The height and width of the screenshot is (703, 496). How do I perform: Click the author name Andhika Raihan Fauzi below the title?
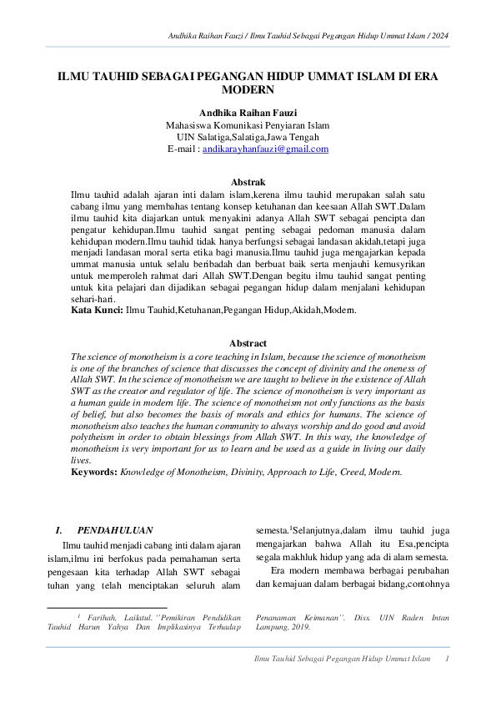[x=248, y=112]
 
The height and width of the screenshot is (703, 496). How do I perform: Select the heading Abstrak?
[x=248, y=182]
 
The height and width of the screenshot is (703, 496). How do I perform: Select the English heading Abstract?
[x=248, y=343]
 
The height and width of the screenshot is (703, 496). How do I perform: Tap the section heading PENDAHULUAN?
[x=115, y=529]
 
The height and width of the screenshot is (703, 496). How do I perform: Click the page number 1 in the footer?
[x=448, y=660]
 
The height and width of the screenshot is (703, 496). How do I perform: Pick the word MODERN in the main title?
[x=248, y=88]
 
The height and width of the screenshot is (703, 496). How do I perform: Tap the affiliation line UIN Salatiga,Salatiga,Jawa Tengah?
[x=248, y=137]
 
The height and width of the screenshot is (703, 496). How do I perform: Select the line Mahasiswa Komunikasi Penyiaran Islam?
[x=248, y=124]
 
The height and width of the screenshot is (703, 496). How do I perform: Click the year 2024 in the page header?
[x=441, y=35]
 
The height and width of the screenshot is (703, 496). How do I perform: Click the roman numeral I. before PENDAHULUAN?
[x=58, y=529]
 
